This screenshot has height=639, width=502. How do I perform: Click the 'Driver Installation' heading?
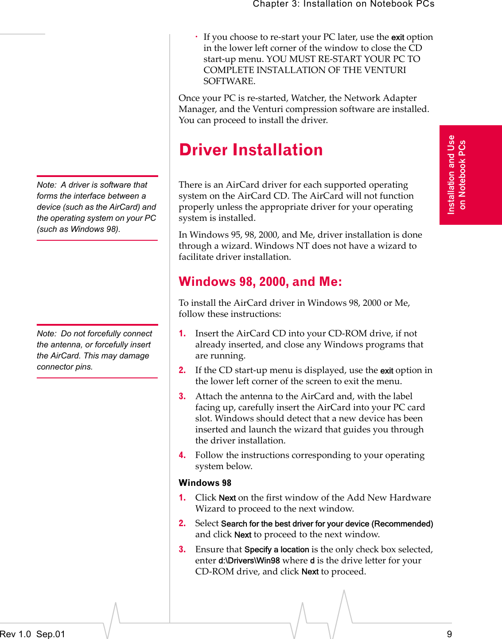click(251, 150)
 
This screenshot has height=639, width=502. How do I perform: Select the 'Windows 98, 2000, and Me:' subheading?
click(260, 282)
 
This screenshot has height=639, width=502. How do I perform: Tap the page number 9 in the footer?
click(449, 634)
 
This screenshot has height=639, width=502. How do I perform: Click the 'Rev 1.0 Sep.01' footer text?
click(32, 634)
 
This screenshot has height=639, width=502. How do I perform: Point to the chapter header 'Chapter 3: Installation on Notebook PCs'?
click(343, 4)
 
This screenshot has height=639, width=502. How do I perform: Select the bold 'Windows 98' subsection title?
click(205, 483)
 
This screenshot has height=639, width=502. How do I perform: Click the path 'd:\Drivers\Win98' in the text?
click(249, 561)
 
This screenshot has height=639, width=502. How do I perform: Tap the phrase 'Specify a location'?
click(276, 550)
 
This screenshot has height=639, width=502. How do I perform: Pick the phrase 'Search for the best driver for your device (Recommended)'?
click(327, 524)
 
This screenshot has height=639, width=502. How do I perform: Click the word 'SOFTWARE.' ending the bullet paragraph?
click(229, 81)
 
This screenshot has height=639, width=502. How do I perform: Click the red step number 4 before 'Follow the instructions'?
click(182, 455)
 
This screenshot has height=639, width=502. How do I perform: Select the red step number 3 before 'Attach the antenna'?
click(182, 396)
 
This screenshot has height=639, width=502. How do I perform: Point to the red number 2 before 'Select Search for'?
click(182, 524)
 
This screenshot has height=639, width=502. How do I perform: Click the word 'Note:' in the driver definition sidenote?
click(47, 185)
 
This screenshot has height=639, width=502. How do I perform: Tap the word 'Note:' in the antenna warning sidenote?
click(47, 334)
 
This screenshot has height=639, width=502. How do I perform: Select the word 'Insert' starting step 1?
click(207, 333)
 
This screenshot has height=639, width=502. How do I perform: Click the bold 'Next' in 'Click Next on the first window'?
click(227, 498)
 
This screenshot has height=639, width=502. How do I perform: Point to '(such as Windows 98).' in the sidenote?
click(78, 229)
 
